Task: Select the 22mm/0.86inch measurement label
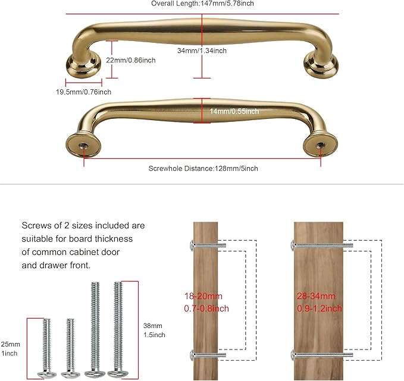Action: tap(131, 60)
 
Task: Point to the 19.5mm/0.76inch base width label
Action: tap(83, 92)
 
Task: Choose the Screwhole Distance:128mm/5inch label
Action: tap(202, 168)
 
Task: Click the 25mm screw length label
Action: tap(10, 344)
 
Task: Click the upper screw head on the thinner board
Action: tap(191, 245)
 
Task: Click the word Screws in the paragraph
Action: tap(37, 226)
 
